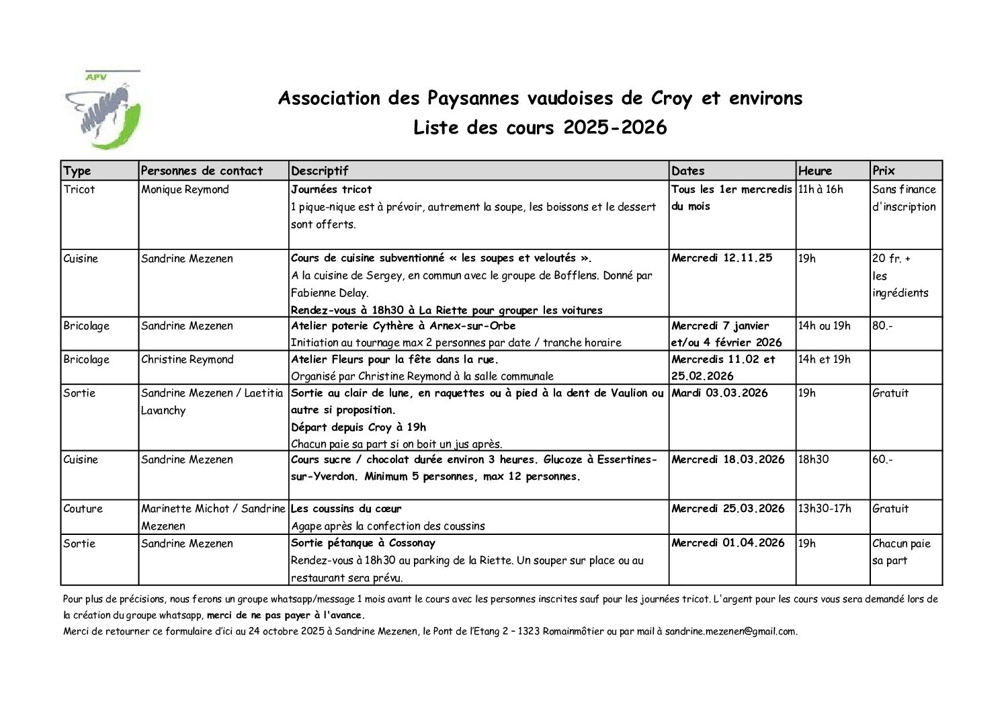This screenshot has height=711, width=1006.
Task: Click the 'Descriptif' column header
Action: (320, 171)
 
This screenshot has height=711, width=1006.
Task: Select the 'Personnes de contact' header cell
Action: (202, 171)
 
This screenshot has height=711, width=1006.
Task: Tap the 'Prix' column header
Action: (884, 171)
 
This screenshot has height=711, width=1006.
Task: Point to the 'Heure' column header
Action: (815, 171)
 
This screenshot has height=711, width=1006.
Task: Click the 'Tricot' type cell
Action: (79, 190)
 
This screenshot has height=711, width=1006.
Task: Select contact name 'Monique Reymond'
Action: (185, 190)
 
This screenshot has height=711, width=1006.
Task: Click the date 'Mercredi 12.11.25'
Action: (722, 258)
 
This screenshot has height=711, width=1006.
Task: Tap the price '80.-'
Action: (881, 326)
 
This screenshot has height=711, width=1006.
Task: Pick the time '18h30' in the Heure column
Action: (813, 460)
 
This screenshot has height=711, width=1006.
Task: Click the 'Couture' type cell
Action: (83, 509)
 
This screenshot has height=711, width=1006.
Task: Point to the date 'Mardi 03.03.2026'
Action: (719, 393)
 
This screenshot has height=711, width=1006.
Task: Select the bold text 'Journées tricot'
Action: (331, 190)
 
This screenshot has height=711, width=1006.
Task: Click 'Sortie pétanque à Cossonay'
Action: (363, 543)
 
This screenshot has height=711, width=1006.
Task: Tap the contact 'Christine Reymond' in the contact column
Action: (187, 360)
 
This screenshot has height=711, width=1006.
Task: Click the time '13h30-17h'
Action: (825, 509)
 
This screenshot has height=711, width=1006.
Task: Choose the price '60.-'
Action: (882, 460)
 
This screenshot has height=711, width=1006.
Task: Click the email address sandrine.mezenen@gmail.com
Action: (730, 632)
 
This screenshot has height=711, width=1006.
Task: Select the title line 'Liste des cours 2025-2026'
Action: (540, 128)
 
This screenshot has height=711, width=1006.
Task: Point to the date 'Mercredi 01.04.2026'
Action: (728, 543)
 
